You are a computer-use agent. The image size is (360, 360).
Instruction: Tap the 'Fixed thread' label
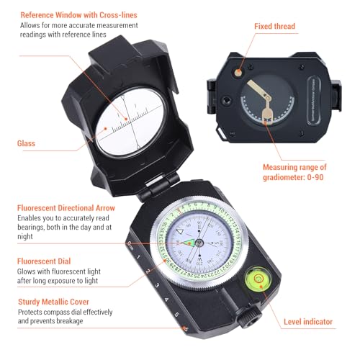pyautogui.click(x=274, y=26)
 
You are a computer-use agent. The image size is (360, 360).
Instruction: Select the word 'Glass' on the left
pyautogui.click(x=27, y=143)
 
